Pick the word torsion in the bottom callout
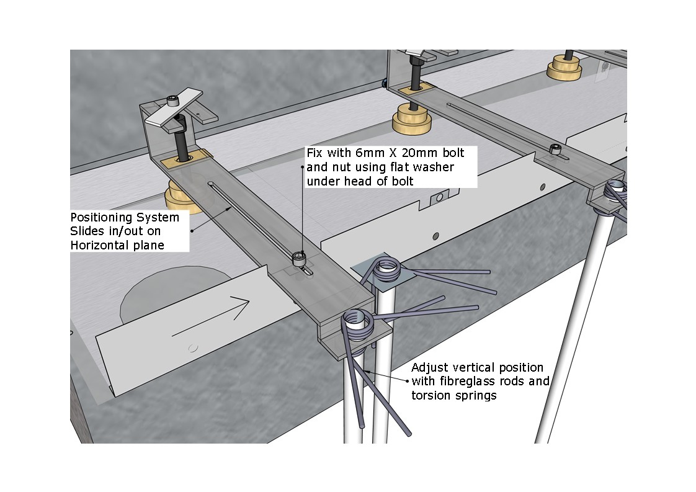click(x=431, y=395)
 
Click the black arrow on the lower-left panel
click(x=210, y=318)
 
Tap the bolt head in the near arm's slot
click(x=300, y=257)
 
